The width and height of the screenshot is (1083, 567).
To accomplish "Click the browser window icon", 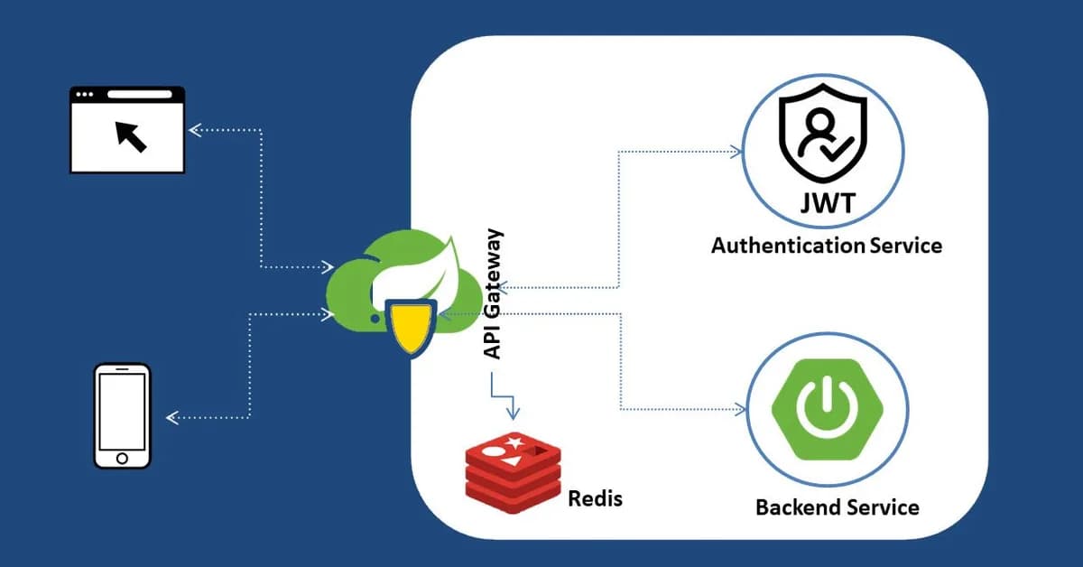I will coord(127,129).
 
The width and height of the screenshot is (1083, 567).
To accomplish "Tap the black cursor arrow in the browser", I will coord(131,136).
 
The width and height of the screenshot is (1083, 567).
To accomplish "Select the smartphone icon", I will coord(122,415).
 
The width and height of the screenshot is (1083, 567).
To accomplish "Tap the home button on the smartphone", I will coord(122,459).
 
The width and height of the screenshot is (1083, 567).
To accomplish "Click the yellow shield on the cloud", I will coord(411,326).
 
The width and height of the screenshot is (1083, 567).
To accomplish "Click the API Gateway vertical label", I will coord(493,294).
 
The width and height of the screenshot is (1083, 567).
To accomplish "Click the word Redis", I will coord(595,497).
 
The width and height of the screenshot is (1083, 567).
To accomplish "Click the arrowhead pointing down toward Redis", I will coord(513,414).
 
